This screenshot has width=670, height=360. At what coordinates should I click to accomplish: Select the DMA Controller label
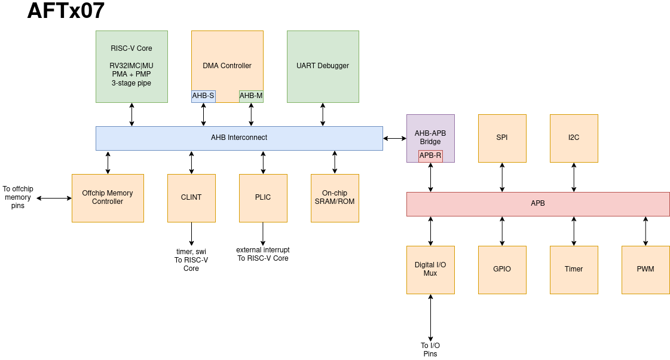pos(227,66)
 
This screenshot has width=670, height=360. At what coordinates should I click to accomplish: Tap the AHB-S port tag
pos(203,96)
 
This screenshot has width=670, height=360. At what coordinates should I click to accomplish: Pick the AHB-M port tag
pos(251,96)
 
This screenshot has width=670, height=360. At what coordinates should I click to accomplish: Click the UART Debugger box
pos(323,66)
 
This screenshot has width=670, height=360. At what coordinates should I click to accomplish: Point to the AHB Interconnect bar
pos(239,138)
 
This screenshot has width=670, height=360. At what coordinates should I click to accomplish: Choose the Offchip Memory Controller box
pos(108,198)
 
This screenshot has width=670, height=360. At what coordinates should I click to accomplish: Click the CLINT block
pos(191,198)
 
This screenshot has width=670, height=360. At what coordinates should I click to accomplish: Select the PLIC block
pos(263,198)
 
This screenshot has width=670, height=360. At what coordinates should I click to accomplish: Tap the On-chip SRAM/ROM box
pos(335,198)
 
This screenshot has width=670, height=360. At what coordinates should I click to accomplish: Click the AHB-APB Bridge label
pos(430,137)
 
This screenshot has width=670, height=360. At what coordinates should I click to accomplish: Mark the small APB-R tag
pos(430,155)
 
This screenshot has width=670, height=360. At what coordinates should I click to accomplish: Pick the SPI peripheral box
pos(502,138)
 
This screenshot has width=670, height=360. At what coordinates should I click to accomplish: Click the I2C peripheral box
pos(574,138)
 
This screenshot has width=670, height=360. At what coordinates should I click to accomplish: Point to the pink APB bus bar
pos(538,204)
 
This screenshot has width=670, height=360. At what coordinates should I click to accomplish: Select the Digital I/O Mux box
pos(430,270)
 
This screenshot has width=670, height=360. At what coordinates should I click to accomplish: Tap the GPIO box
pos(502,270)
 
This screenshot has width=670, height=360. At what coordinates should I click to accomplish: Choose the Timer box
pos(574,270)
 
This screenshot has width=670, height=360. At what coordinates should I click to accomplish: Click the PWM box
pos(645,270)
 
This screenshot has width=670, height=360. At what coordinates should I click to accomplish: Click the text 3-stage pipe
pos(131,83)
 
